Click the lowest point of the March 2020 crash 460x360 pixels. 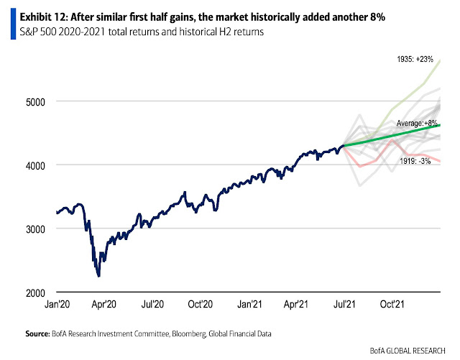[x=98, y=276]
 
